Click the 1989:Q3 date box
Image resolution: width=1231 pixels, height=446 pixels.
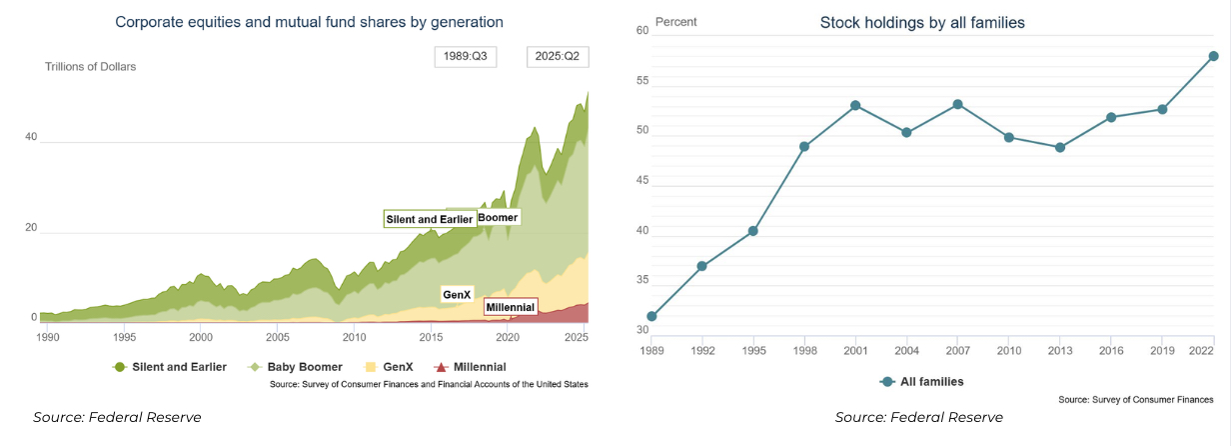click(466, 56)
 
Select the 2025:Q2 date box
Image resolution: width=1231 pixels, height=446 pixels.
click(558, 56)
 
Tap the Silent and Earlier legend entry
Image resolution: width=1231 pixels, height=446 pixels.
click(170, 367)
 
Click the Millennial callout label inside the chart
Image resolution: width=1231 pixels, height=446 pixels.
click(510, 307)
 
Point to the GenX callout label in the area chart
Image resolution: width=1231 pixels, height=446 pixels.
click(457, 295)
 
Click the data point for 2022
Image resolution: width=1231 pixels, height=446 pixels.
click(1213, 56)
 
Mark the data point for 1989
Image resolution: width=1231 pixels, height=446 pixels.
click(652, 316)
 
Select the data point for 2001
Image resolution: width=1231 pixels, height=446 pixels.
click(856, 105)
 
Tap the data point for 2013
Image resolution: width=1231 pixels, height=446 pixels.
click(1060, 147)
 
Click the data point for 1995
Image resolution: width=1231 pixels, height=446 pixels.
click(753, 231)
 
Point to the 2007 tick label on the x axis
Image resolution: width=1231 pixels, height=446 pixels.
click(957, 350)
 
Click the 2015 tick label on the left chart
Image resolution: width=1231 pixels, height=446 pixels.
click(431, 338)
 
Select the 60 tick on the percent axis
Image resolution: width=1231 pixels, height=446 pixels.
click(642, 31)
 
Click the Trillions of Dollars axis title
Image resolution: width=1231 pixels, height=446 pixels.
click(90, 67)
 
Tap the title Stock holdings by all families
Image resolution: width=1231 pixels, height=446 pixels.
click(922, 22)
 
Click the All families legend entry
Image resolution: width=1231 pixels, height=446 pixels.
click(921, 382)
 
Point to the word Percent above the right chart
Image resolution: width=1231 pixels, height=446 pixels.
click(676, 22)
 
